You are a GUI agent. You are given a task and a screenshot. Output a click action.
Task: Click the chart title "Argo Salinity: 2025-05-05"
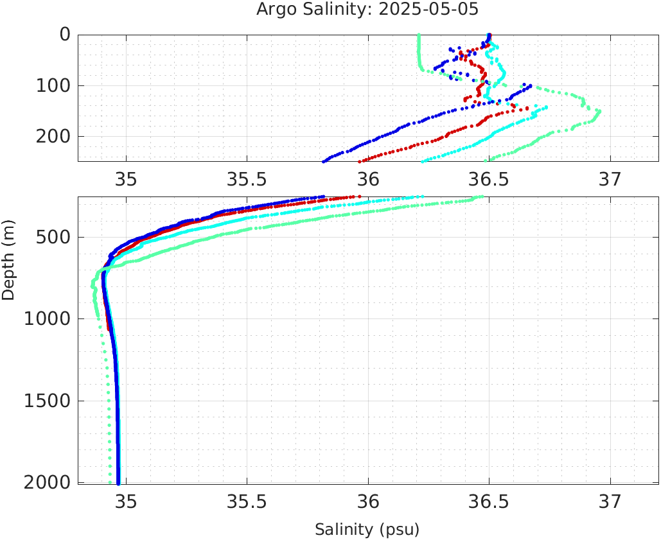coord(367,10)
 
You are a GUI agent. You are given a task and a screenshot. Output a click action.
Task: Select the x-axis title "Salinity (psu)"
coord(367,530)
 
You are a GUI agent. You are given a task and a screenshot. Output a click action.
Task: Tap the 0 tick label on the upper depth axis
coord(66,35)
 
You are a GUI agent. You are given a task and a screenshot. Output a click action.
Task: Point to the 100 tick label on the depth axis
coord(53,85)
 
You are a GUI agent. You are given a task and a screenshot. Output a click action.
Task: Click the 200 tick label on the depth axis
coord(53,136)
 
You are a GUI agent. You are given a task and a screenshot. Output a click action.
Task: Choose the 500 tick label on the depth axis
coord(53,238)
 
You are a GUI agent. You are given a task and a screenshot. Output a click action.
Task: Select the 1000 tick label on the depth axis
coord(47,319)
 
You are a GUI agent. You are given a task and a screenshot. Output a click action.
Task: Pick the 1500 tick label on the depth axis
coord(47,401)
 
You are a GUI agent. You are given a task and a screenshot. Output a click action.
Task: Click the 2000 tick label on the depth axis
coord(47,482)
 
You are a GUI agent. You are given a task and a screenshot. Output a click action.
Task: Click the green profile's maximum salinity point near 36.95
coord(599,111)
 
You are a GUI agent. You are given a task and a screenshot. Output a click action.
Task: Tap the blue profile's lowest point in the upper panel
coord(324,161)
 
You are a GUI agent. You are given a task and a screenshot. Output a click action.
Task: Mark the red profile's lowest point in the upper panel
coord(360,161)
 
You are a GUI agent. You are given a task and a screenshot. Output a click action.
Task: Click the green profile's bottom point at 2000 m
coord(110,482)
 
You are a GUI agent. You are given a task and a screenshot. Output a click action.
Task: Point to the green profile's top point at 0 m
coord(419,35)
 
